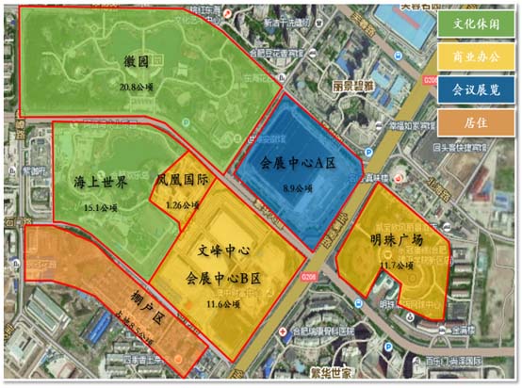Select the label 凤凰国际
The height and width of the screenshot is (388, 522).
(x=182, y=178)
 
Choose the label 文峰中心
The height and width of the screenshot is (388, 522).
(x=224, y=252)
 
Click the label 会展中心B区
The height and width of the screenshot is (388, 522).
(x=224, y=280)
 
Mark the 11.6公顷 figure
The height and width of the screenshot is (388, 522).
(x=224, y=304)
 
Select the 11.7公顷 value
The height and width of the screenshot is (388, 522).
(x=397, y=266)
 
